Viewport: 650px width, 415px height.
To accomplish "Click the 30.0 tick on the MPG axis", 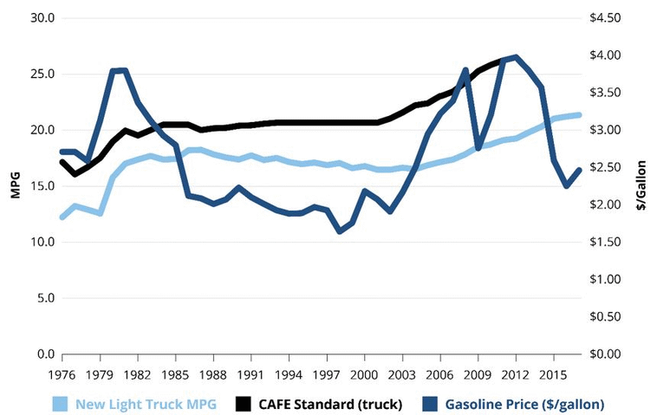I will (x=41, y=18).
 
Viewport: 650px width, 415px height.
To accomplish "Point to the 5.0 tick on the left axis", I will (x=44, y=298).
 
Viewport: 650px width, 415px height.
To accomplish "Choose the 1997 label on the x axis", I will (x=326, y=374).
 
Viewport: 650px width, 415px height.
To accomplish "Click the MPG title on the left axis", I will (x=15, y=186).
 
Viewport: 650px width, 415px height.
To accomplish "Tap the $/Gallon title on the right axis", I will (x=640, y=185).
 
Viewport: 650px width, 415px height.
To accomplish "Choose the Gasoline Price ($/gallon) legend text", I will (x=524, y=404).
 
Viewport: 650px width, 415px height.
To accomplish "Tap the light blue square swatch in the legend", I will (x=59, y=404).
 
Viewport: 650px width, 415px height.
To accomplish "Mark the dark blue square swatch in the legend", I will (x=428, y=404).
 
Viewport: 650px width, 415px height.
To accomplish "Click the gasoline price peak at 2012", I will (x=515, y=58).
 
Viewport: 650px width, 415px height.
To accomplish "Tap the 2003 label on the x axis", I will (x=401, y=374).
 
